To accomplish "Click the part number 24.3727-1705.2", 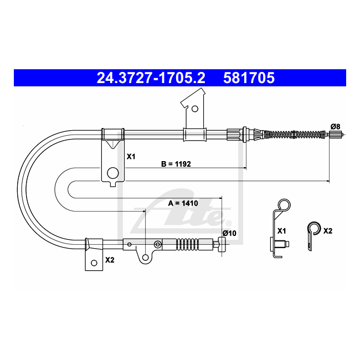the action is point(151,78).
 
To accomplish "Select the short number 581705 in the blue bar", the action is point(249,78).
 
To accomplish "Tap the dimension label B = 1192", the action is point(176,164).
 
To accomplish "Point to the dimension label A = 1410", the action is point(183,203).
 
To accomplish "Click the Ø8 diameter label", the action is point(335,126).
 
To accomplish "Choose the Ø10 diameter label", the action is point(229,233).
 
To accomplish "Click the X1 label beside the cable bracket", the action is point(131,157).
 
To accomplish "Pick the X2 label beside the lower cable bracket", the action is point(110,260).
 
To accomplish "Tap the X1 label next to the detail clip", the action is point(282,231).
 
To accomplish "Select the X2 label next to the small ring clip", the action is point(328,231).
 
